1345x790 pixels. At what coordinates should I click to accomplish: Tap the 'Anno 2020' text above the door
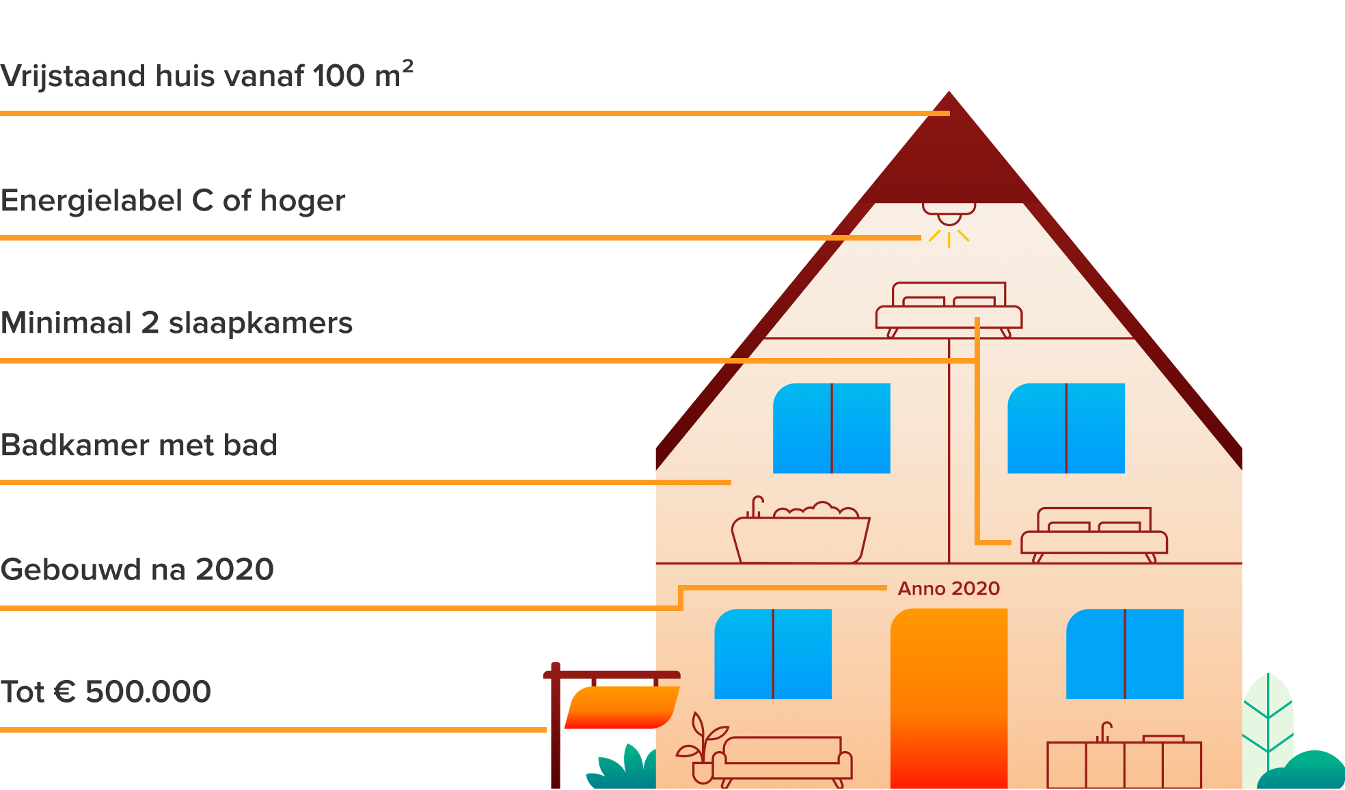[x=949, y=588]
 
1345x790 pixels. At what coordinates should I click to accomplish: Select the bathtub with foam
[x=800, y=536]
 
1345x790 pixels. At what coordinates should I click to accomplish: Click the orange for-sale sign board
[x=622, y=707]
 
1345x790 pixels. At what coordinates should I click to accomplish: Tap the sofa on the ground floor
[x=782, y=759]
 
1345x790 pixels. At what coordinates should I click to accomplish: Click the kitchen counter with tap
[x=1124, y=762]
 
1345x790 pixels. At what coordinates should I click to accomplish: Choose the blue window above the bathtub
[x=831, y=428]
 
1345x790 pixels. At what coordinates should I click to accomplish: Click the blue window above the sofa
[x=773, y=654]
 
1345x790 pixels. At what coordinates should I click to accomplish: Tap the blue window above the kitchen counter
[x=1125, y=654]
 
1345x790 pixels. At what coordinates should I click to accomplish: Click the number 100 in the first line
[x=340, y=76]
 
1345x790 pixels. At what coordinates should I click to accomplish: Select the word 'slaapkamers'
[x=260, y=323]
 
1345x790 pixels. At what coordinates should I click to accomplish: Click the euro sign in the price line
[x=65, y=692]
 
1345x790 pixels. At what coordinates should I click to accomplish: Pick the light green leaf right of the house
[x=1268, y=724]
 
